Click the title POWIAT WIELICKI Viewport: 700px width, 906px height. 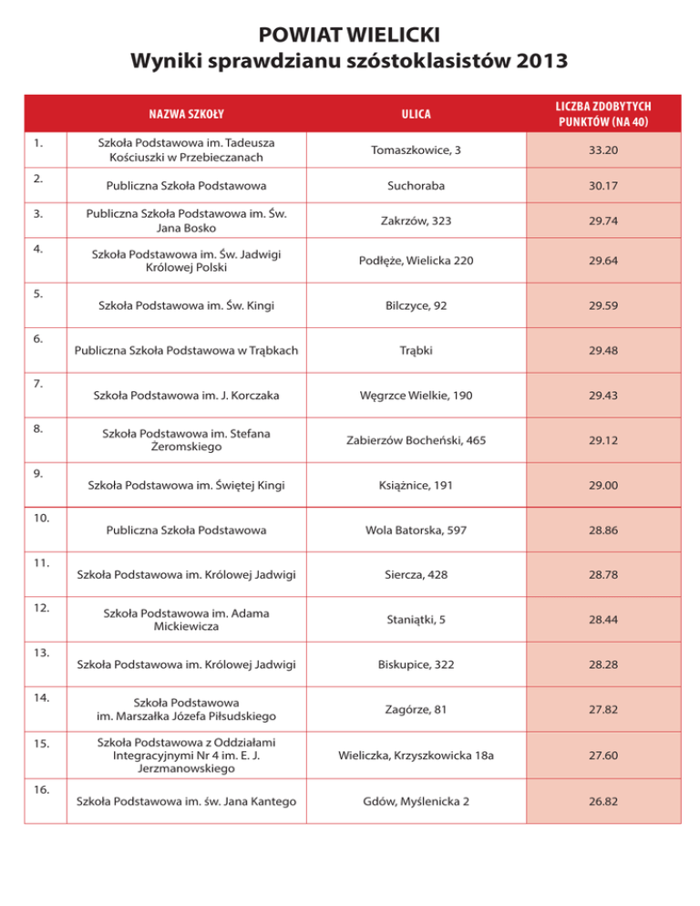tap(350, 36)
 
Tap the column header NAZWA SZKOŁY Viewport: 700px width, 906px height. tap(187, 114)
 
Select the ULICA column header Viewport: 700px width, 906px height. tap(416, 114)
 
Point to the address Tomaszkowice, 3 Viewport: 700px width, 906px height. tap(416, 149)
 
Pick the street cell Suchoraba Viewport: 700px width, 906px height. tap(416, 186)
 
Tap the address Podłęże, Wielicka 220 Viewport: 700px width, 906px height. tap(416, 262)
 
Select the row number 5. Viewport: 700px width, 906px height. tap(37, 294)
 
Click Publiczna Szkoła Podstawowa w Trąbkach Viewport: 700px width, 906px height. tap(186, 349)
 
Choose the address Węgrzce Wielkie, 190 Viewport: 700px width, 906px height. tap(416, 396)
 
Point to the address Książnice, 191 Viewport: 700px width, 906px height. tap(416, 485)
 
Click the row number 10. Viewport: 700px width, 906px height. tap(40, 517)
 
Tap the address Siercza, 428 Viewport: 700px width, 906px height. tap(416, 574)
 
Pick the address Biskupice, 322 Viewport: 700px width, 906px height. tap(416, 664)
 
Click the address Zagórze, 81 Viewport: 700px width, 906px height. tap(416, 709)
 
